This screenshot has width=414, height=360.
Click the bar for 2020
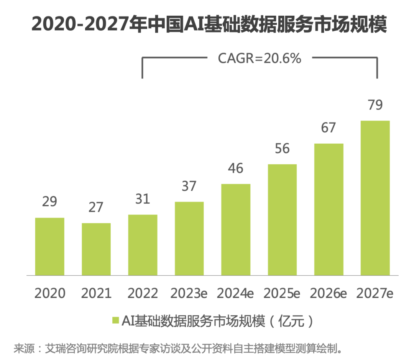49,247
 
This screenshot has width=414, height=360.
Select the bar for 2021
96,249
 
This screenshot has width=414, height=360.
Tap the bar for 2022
143,245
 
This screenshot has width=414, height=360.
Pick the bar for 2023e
189,239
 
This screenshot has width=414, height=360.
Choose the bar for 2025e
283,220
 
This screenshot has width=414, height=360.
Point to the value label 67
329,128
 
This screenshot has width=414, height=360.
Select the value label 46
236,168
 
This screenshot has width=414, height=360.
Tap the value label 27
96,207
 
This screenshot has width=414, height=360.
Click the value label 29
49,202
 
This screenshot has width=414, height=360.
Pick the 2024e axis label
236,293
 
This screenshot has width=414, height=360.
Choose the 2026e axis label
329,293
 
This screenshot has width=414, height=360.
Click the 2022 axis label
143,293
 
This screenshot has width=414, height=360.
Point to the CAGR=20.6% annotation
260,59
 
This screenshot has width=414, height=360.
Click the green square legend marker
115,321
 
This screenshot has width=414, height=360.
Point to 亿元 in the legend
292,321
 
